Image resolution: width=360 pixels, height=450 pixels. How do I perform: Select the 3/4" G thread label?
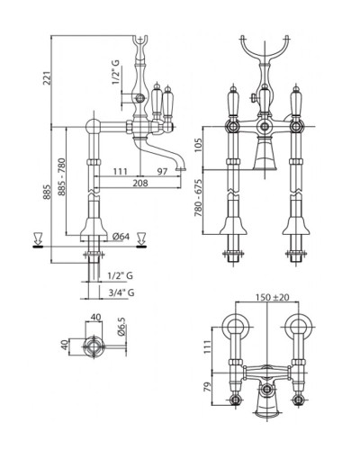coord(118,292)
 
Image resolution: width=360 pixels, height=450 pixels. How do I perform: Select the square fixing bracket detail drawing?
coord(91,344)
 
